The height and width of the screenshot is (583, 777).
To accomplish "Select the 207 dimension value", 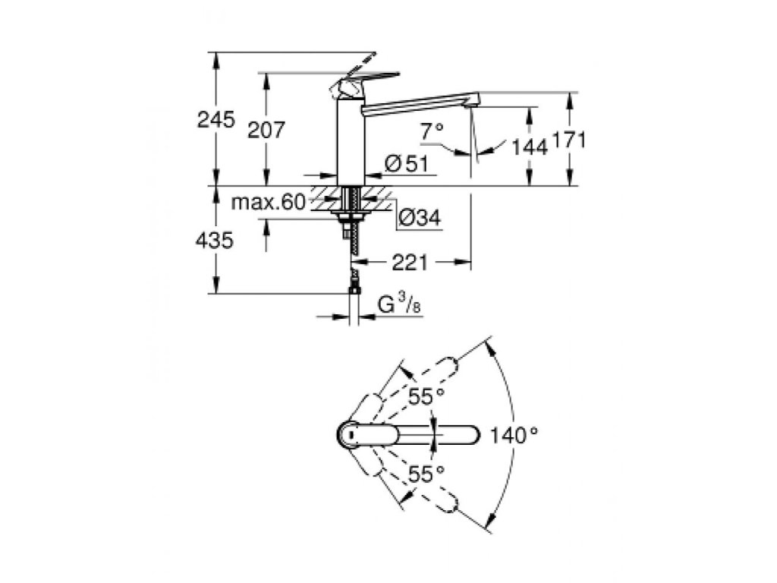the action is [266, 131].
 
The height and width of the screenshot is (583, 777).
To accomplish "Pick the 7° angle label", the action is [432, 132].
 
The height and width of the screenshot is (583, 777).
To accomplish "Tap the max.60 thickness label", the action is [267, 202].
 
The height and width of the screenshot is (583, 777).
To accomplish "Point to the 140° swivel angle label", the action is [514, 436].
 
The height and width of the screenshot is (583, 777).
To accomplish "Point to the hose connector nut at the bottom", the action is [354, 288].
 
